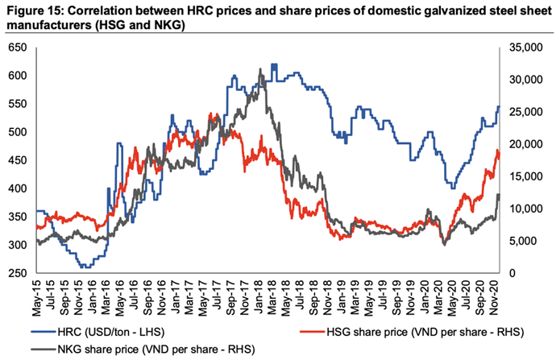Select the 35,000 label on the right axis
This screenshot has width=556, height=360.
(523, 48)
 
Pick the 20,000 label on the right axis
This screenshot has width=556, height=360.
(523, 144)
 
